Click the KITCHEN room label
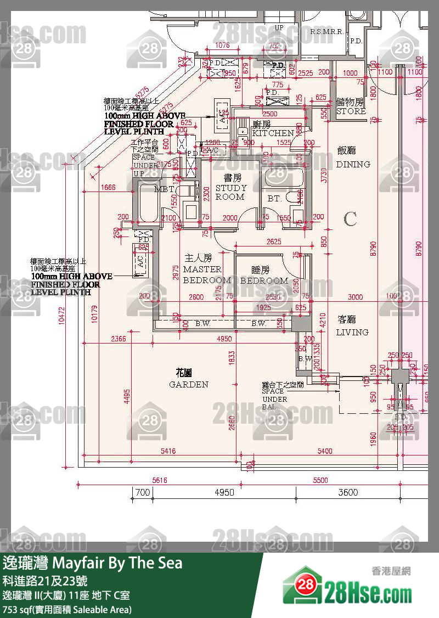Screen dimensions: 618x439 273,133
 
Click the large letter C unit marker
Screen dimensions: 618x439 350,220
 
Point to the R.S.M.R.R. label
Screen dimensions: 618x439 327,32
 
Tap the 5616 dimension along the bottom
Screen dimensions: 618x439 159,480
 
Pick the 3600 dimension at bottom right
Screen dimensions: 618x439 347,492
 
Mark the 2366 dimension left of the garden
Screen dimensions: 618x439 118,339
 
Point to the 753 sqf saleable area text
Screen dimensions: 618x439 67,609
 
